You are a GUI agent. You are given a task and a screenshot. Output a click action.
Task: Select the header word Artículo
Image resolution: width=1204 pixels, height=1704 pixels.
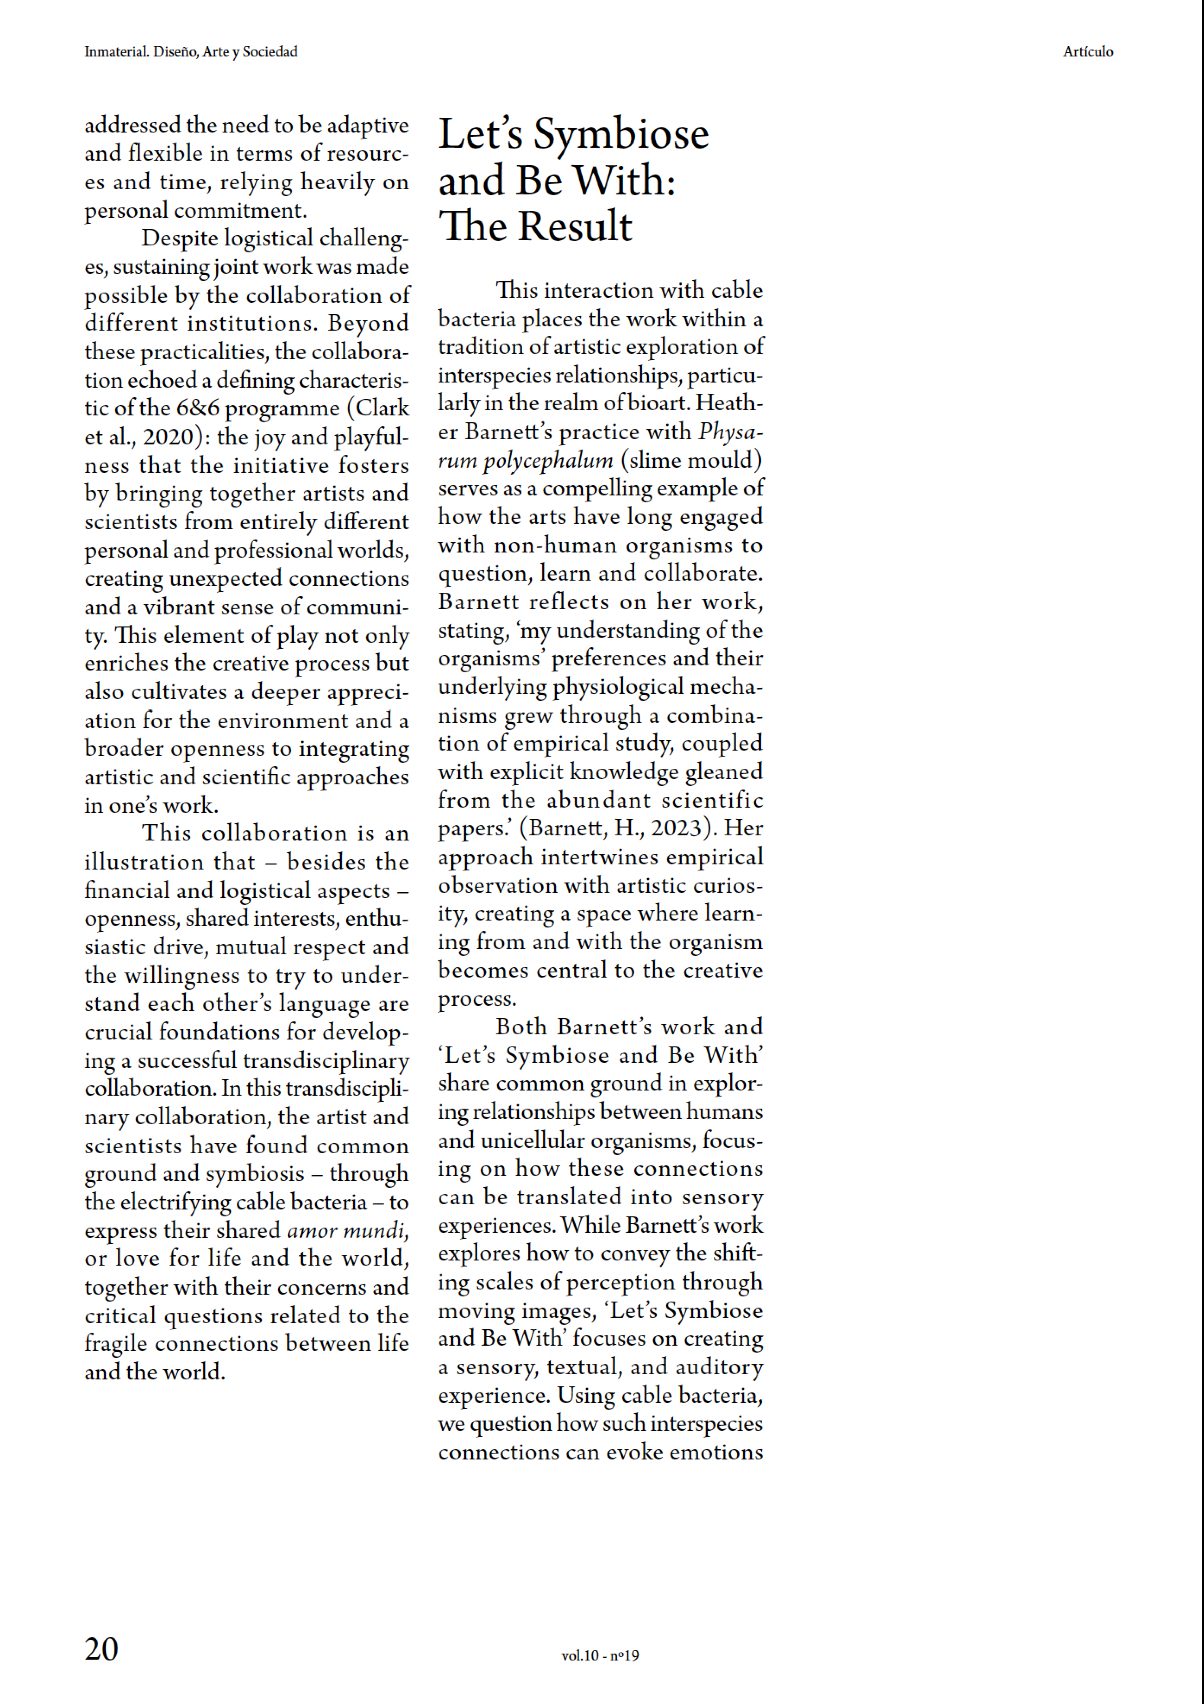(1088, 51)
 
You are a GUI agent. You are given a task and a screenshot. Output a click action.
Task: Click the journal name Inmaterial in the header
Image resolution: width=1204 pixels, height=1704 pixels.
(116, 51)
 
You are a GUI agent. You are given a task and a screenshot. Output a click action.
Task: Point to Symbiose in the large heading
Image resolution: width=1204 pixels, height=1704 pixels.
(621, 134)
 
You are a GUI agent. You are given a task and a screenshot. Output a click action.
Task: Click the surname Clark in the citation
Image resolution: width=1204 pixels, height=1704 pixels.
(382, 409)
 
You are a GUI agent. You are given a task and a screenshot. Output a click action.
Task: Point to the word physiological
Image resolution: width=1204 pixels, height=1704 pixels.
(620, 688)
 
